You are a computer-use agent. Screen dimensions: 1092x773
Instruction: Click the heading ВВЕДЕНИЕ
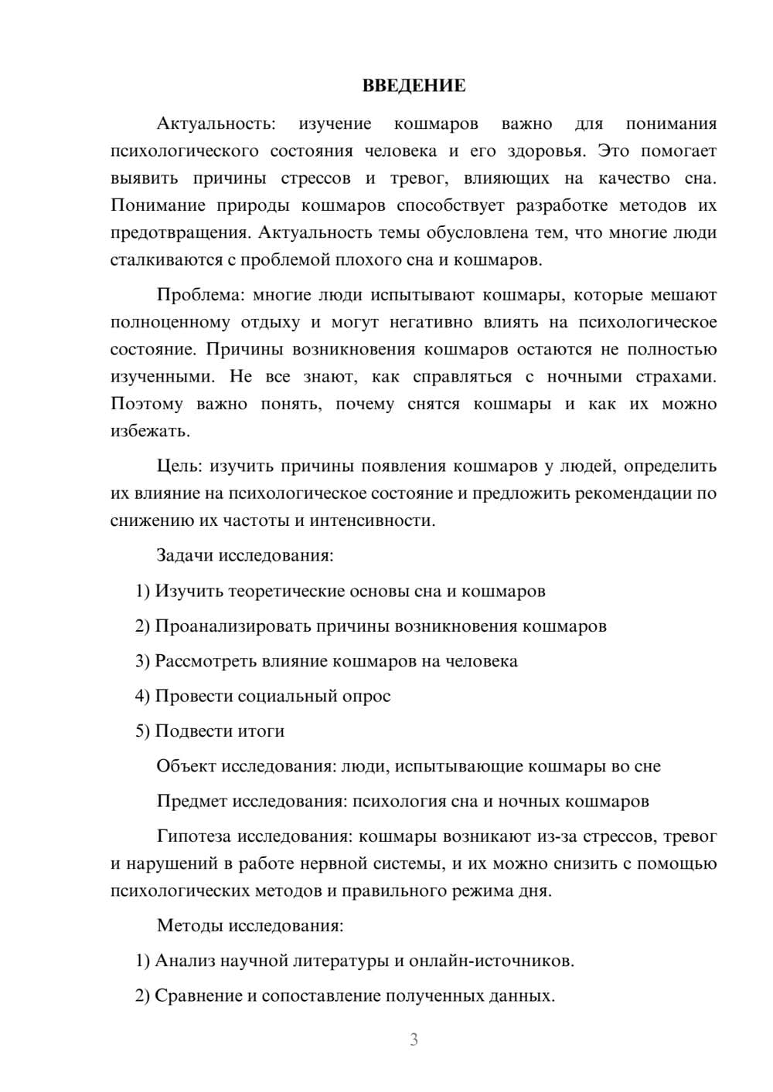pyautogui.click(x=414, y=86)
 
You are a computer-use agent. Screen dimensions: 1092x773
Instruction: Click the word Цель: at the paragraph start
pyautogui.click(x=181, y=466)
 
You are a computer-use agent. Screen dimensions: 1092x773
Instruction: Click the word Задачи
pyautogui.click(x=186, y=555)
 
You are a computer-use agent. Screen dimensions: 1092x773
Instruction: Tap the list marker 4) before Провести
pyautogui.click(x=142, y=696)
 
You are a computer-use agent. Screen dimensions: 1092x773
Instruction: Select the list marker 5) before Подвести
pyautogui.click(x=142, y=731)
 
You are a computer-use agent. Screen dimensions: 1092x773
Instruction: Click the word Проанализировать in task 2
pyautogui.click(x=233, y=626)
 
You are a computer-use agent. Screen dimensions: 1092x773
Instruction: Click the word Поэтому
pyautogui.click(x=147, y=404)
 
